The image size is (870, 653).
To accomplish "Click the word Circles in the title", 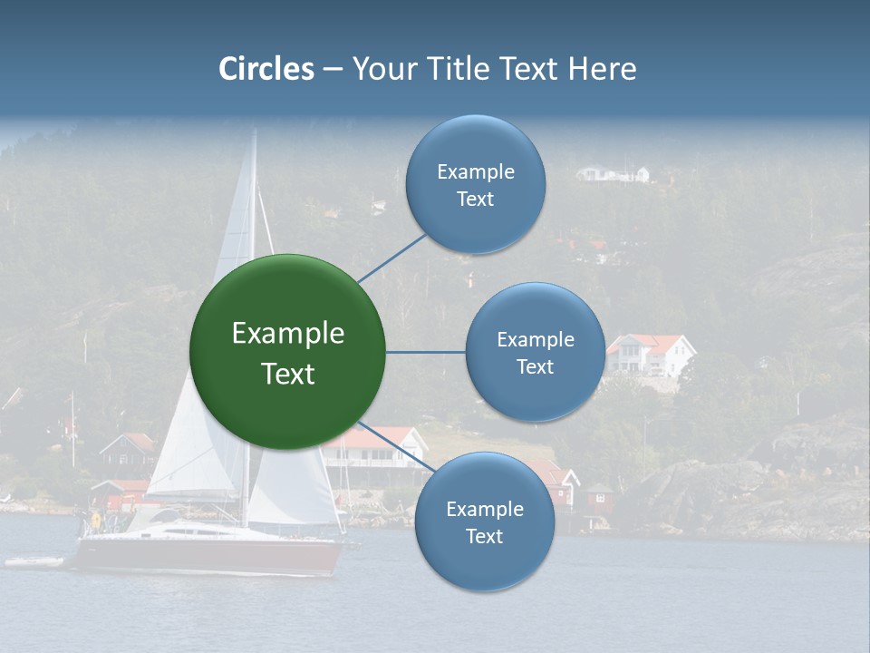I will point(266,69).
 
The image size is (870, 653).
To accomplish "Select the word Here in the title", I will point(602,69).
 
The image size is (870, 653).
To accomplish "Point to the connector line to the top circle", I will point(391,258).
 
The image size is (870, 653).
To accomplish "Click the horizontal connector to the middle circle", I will point(425,352).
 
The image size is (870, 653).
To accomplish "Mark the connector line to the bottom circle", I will point(397,447).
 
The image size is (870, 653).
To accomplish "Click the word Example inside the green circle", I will point(288,334).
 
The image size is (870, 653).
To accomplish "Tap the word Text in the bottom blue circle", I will point(484,536).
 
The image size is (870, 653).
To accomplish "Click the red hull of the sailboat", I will point(208,555).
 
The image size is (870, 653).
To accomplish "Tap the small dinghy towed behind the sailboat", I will point(34,562).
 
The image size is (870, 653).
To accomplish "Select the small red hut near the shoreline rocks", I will point(598,497).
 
